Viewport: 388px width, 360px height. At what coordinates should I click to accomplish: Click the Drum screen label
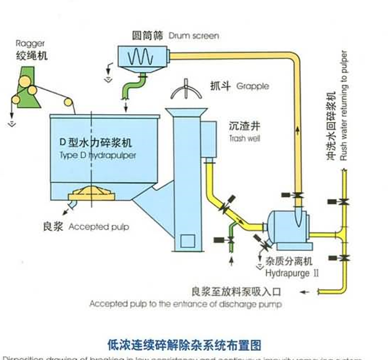pos(194,36)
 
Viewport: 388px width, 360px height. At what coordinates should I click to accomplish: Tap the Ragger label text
pos(30,44)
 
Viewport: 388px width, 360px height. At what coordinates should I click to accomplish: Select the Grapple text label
pos(253,86)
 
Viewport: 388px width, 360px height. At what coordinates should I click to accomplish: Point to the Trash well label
pos(244,139)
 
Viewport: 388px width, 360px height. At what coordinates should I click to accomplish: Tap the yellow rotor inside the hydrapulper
pos(92,192)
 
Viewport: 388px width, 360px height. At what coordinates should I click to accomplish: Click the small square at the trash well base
pos(188,240)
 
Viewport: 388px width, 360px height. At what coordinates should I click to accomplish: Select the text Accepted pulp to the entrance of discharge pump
pos(186,304)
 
